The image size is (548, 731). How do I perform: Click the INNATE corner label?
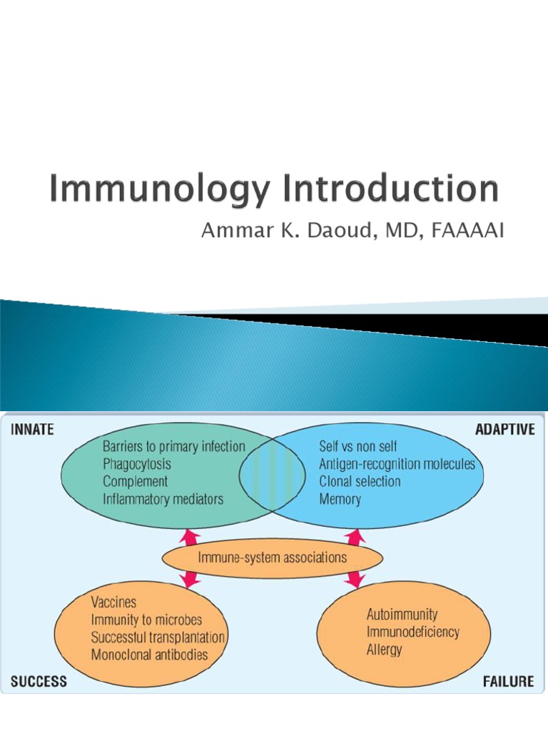point(32,430)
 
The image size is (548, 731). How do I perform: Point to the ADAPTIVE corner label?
point(504,430)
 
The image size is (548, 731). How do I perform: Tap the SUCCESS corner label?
point(39,681)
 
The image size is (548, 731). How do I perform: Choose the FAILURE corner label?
point(508,681)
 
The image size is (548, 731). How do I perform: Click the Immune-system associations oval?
point(273,558)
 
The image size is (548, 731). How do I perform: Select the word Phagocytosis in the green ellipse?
point(137,464)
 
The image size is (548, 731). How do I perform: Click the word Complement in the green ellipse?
point(136,482)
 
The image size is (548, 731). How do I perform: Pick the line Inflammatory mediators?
point(163,500)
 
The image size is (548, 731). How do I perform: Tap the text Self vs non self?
point(358,447)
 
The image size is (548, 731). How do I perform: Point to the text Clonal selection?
point(360,482)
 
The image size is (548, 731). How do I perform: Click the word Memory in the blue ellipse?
point(340,500)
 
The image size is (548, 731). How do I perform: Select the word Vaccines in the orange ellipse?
point(113,603)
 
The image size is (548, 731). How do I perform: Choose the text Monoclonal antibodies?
point(149,655)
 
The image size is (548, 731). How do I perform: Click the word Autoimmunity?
point(402,615)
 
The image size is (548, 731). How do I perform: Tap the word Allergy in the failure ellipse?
point(384,650)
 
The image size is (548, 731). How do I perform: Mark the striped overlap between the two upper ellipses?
point(267,474)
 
